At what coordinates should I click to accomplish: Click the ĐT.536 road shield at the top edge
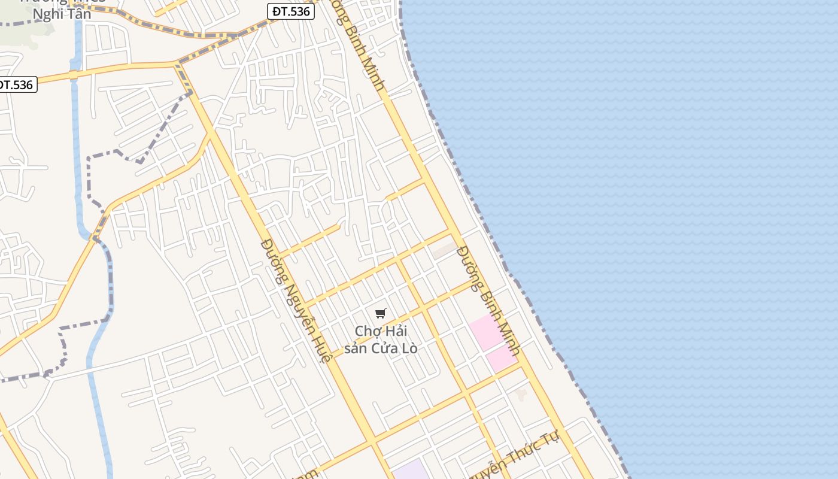(x=290, y=11)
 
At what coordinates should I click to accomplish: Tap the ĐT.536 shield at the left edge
(x=17, y=85)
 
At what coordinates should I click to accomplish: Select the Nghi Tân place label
(x=62, y=14)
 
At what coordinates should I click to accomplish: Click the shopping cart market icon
(x=381, y=313)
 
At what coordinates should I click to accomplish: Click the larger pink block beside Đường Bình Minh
(x=486, y=332)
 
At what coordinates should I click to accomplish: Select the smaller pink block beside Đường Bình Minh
(x=502, y=359)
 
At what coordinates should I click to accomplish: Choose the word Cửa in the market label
(x=386, y=348)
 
